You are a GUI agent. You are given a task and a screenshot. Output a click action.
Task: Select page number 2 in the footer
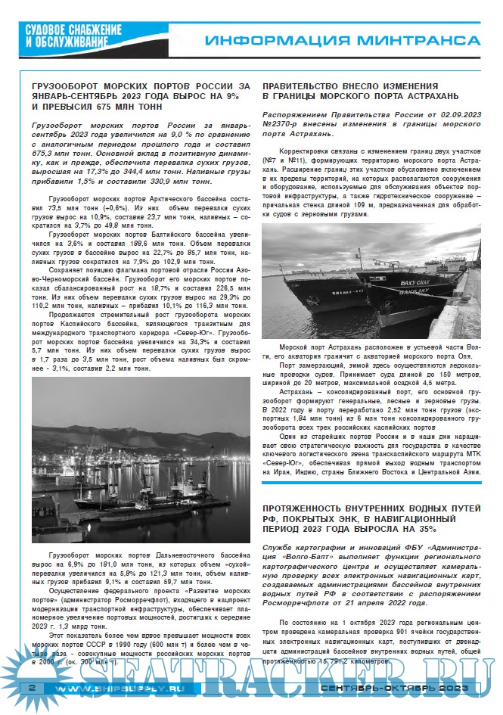click(32, 688)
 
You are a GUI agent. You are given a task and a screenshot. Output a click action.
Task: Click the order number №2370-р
click(283, 123)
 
